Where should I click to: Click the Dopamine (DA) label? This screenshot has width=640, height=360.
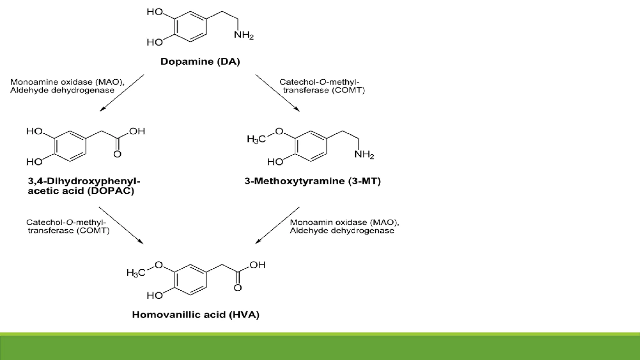(200, 62)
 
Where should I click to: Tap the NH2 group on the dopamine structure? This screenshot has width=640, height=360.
(244, 35)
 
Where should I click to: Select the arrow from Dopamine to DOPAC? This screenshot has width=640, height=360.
(122, 93)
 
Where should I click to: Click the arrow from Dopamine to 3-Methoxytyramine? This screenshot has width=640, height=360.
(277, 93)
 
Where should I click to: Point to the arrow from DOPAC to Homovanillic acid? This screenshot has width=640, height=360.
(121, 225)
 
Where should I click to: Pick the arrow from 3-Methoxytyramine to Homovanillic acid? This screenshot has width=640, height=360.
(277, 225)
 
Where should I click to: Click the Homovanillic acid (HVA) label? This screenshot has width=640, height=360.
(196, 314)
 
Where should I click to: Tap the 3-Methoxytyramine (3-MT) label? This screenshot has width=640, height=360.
(312, 181)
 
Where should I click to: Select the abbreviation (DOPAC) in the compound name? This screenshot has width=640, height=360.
(111, 191)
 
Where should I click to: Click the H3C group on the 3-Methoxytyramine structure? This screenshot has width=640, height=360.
(256, 139)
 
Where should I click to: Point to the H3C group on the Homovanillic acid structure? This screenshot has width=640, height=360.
(136, 272)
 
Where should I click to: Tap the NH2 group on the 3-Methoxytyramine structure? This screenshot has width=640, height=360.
(364, 154)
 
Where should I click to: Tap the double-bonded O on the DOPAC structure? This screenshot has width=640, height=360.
(117, 154)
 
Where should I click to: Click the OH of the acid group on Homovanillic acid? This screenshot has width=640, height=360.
(257, 265)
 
